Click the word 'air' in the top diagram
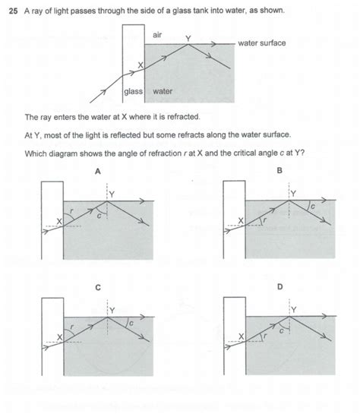click(x=158, y=35)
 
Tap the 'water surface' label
click(x=261, y=43)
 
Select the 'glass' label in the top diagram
click(x=133, y=92)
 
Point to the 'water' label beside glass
click(x=163, y=92)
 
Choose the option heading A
click(x=97, y=172)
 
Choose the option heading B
click(x=278, y=172)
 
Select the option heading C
click(x=97, y=288)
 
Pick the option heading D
click(x=279, y=288)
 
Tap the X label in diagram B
click(x=241, y=220)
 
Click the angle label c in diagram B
click(x=311, y=206)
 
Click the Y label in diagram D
click(x=295, y=309)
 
